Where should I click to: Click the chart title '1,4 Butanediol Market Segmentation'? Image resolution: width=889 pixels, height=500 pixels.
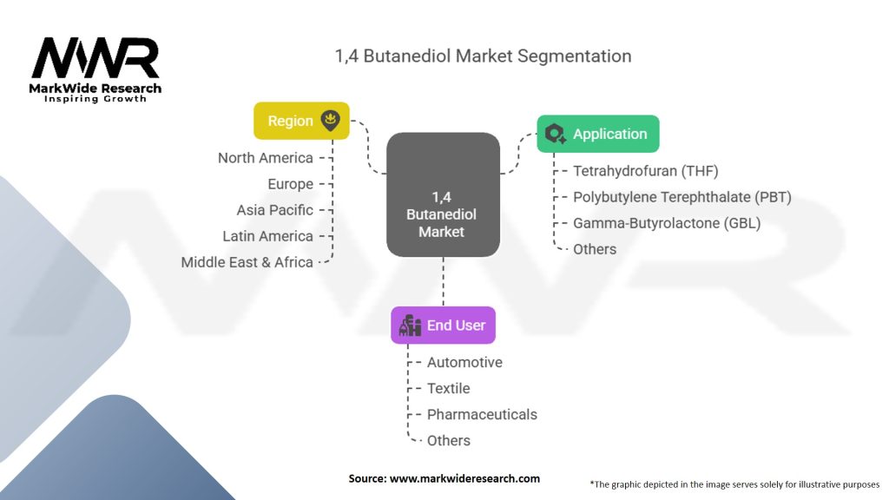tap(483, 56)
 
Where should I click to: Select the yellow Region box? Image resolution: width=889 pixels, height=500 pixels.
tap(300, 121)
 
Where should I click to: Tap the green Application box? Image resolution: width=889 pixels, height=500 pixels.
tap(597, 134)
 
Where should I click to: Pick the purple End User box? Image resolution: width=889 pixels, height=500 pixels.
tap(443, 326)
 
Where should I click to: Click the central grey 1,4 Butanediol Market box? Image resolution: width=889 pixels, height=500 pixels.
tap(442, 195)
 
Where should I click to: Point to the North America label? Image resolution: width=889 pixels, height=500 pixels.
tap(265, 158)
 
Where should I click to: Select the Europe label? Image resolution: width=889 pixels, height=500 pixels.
tap(290, 184)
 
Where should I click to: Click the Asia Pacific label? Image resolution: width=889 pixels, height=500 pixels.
tap(274, 210)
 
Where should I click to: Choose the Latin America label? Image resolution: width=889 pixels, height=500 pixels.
tap(267, 236)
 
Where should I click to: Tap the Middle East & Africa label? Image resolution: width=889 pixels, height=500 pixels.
tap(247, 262)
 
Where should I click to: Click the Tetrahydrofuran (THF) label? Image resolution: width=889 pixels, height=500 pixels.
tap(645, 171)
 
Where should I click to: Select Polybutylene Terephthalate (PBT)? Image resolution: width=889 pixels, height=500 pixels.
tap(682, 197)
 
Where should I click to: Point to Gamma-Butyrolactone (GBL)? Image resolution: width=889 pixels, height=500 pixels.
tap(666, 223)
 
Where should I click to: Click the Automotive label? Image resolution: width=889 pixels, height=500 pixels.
tap(464, 362)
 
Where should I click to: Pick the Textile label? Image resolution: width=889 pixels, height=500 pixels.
tap(448, 388)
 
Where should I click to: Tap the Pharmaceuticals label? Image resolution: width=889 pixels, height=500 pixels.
tap(482, 414)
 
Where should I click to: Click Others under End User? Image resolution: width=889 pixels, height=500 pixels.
tap(448, 440)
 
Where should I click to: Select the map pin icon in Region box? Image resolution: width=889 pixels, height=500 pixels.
tap(330, 121)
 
